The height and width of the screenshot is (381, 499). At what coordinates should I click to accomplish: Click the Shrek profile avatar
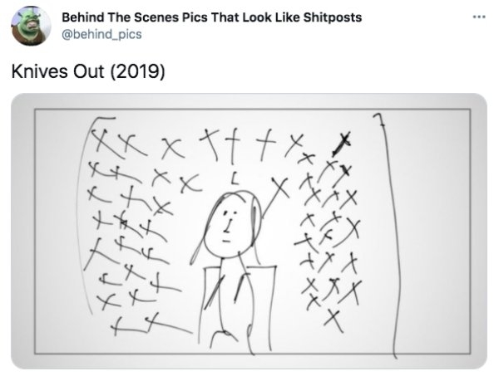(31, 26)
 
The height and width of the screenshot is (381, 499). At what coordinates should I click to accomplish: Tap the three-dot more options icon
(479, 17)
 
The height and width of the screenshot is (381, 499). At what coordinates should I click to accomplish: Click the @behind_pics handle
(101, 34)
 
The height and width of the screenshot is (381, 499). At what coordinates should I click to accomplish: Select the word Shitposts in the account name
(332, 17)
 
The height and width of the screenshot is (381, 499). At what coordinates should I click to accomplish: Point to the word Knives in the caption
(39, 71)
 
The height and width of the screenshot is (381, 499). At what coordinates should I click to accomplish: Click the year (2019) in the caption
(137, 71)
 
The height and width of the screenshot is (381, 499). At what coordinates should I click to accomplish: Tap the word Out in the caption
(88, 71)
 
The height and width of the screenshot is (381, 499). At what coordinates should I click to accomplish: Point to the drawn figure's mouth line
(226, 242)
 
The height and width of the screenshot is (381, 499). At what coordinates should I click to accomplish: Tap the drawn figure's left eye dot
(225, 212)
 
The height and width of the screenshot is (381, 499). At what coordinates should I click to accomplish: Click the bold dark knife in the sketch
(342, 144)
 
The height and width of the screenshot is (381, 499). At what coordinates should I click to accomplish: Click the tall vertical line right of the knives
(390, 235)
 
